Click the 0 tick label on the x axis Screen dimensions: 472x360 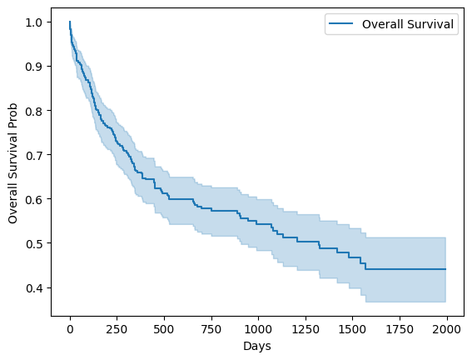point(70,329)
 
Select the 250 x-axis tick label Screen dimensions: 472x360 point(117,329)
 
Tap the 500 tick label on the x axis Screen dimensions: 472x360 point(164,329)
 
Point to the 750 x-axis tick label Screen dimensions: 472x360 point(211,329)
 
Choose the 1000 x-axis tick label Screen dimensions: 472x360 point(258,329)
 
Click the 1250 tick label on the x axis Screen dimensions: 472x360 point(306,329)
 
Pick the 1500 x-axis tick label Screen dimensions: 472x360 point(352,329)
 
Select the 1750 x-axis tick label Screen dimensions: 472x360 point(400,329)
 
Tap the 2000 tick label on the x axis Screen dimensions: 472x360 point(446,329)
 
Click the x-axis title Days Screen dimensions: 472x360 point(257,346)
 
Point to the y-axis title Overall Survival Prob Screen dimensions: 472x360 point(12,163)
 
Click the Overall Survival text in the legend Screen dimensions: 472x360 point(408,24)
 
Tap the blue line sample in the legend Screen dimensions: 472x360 point(341,23)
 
